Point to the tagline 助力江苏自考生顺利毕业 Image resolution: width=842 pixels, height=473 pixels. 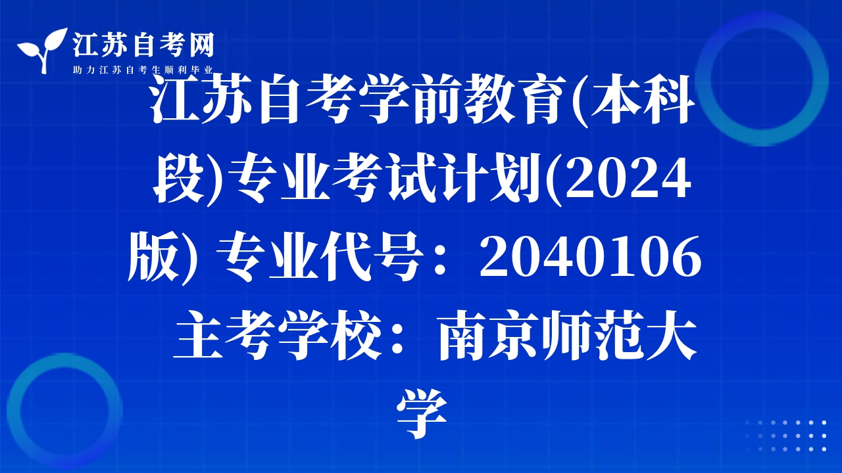[143, 70]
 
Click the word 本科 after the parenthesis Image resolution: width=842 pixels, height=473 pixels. [643, 99]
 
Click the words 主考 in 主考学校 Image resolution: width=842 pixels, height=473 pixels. [225, 336]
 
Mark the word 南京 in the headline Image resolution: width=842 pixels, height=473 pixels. [489, 336]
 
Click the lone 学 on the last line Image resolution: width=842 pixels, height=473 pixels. [422, 414]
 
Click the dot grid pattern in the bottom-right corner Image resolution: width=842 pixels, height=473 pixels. [786, 436]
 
